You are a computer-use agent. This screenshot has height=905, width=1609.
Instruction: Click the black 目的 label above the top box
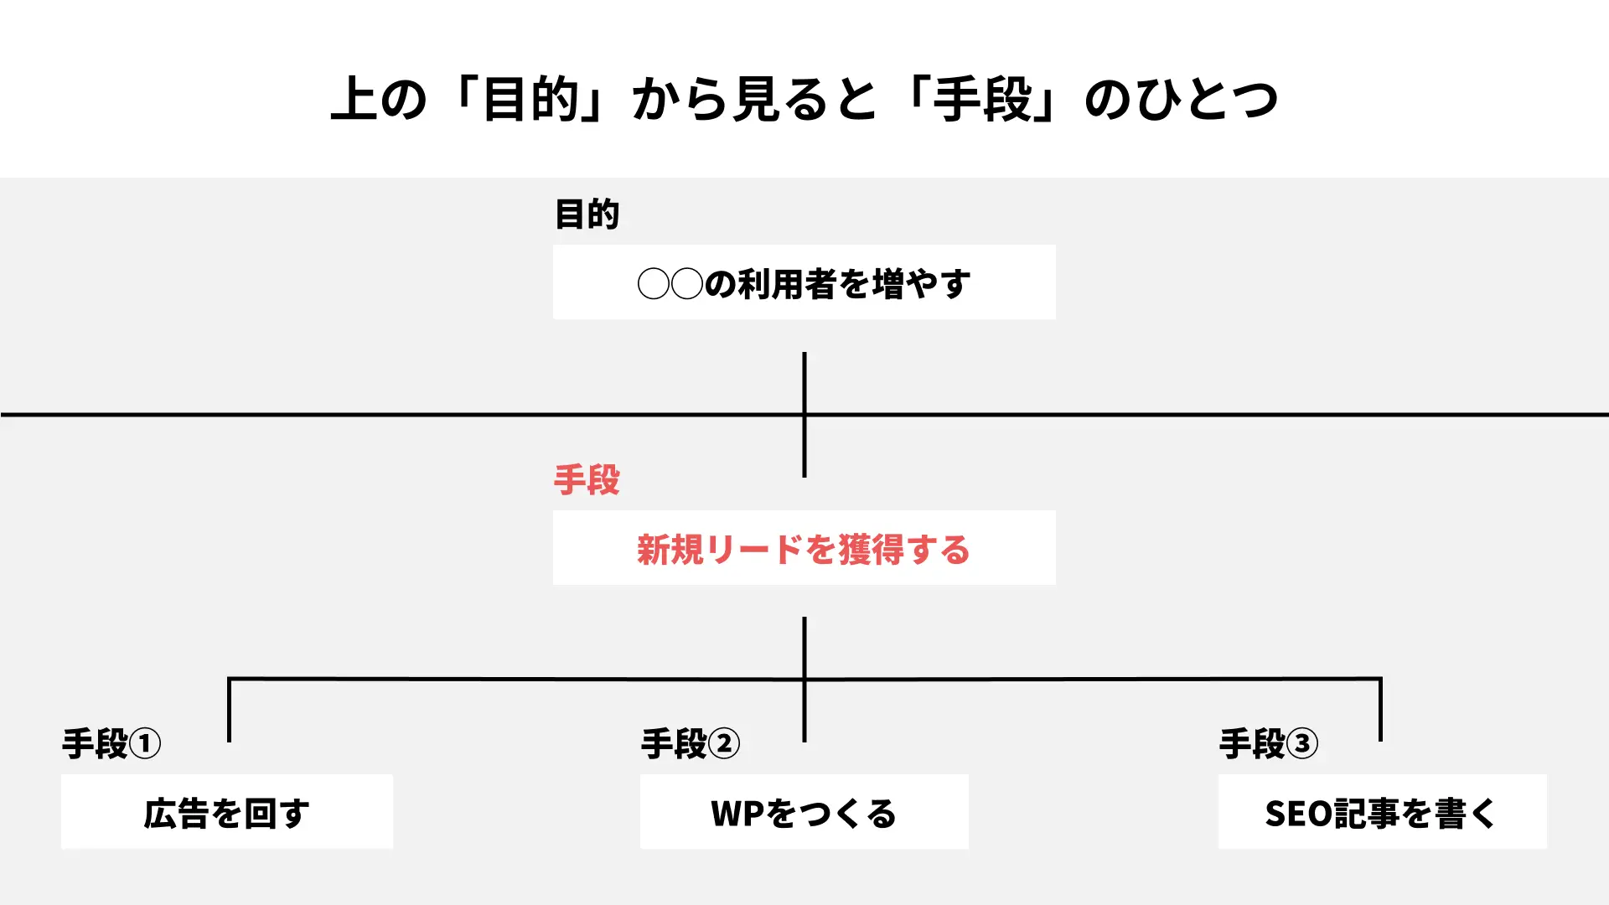(587, 215)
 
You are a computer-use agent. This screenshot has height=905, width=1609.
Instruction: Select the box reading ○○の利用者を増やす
(804, 282)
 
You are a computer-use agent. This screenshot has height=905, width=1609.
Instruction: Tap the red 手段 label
(587, 480)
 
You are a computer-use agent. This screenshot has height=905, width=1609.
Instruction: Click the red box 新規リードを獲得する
(804, 548)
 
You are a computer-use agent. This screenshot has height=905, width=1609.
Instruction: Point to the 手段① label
(111, 744)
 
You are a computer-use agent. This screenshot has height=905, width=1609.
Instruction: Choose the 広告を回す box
(226, 812)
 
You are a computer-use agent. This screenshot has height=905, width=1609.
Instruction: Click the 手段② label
(690, 744)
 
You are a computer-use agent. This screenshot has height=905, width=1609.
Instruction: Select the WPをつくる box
(804, 812)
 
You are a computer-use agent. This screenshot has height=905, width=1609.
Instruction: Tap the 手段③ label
(1268, 744)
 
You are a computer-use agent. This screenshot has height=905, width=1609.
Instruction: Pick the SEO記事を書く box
(1382, 812)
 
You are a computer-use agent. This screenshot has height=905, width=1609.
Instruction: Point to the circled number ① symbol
(145, 744)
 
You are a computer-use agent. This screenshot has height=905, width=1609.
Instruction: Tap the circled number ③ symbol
(1302, 744)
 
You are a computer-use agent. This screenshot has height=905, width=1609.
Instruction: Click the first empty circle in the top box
(653, 284)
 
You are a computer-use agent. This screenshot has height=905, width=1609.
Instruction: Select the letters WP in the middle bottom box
(737, 814)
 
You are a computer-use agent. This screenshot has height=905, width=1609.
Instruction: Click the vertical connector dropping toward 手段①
(229, 710)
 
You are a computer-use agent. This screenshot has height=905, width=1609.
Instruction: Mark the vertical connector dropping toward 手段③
(1380, 710)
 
